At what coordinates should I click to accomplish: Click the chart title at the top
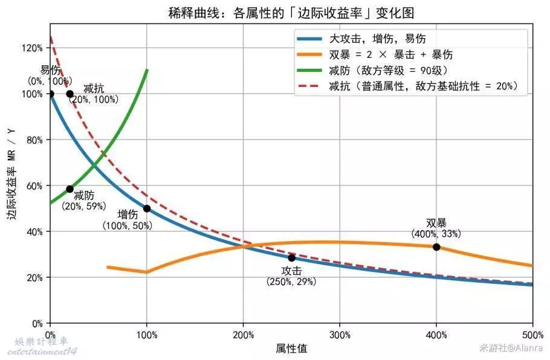291,13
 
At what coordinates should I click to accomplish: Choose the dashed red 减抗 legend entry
423,86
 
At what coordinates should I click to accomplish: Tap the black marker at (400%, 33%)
436,247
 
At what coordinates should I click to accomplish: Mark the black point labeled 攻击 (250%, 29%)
291,257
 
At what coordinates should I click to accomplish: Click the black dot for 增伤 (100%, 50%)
147,208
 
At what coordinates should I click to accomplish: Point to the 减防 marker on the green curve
70,189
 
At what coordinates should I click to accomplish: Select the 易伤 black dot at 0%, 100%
51,94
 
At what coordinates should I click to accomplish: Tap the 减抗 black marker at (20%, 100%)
70,94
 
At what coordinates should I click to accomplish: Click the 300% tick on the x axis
340,335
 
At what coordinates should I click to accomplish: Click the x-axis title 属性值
291,349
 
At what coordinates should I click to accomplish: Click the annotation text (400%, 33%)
436,234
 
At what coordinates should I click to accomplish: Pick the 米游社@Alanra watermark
511,348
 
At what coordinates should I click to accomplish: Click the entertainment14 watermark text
45,351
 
